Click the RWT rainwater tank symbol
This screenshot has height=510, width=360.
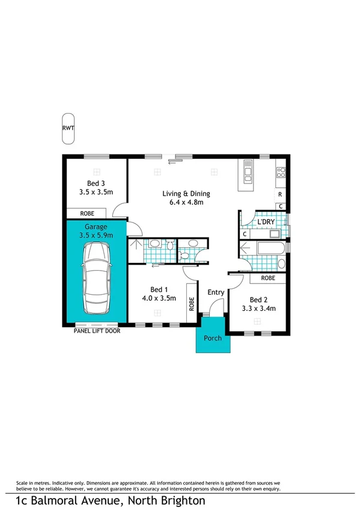click(69, 128)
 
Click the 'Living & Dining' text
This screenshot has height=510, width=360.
click(183, 194)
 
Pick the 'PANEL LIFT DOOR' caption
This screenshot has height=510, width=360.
click(96, 330)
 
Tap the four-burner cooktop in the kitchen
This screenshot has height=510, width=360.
click(281, 173)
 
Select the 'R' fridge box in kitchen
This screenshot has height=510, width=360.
click(281, 195)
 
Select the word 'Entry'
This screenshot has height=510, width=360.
click(216, 292)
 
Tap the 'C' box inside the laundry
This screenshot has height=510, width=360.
click(245, 234)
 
